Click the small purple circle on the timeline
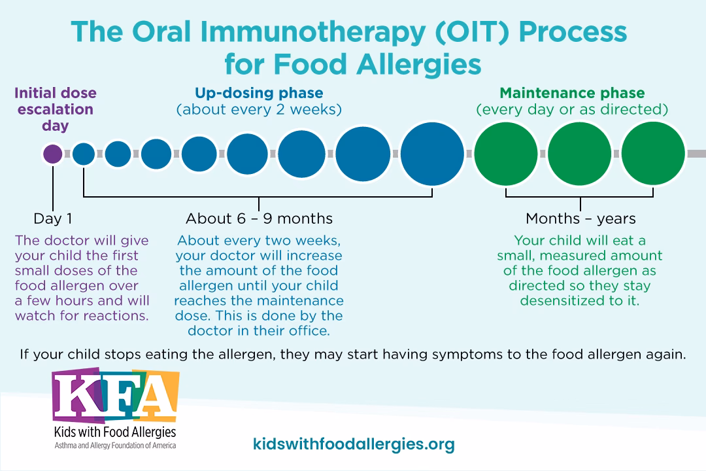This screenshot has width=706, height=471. pos(52,154)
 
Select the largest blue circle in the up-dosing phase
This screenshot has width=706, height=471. pos(431,154)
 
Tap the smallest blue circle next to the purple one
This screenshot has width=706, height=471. pos(84,154)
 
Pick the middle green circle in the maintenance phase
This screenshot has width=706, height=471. pos(579,154)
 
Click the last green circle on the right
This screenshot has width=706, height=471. pos(652,154)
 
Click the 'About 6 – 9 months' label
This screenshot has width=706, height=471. pos(259,218)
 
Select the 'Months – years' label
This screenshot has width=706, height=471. pos(580,218)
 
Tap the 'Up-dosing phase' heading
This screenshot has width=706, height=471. pos(259,93)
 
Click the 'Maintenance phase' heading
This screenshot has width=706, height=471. pos(572,93)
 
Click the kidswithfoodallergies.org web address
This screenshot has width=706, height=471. pos(353,445)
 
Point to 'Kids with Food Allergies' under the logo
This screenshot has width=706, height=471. pos(114,432)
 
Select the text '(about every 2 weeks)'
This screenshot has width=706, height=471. pos(259,109)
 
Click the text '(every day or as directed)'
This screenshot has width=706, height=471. pos(572,109)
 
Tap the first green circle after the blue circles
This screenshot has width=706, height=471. pos(506,154)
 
